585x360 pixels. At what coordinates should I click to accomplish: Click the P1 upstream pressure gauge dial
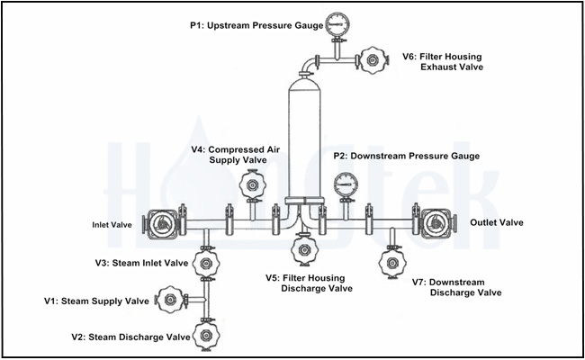[x=337, y=22]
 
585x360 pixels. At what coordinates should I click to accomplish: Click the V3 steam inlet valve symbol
[x=207, y=264]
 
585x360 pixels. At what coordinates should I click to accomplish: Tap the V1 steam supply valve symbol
[x=169, y=299]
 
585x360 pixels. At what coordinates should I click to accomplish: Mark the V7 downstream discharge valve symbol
[x=391, y=263]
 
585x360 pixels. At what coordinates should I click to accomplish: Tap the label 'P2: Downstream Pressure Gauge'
[x=406, y=156]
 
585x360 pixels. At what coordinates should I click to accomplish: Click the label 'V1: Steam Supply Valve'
[x=97, y=301]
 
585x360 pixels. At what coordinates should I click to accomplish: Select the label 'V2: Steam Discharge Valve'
[x=130, y=337]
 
